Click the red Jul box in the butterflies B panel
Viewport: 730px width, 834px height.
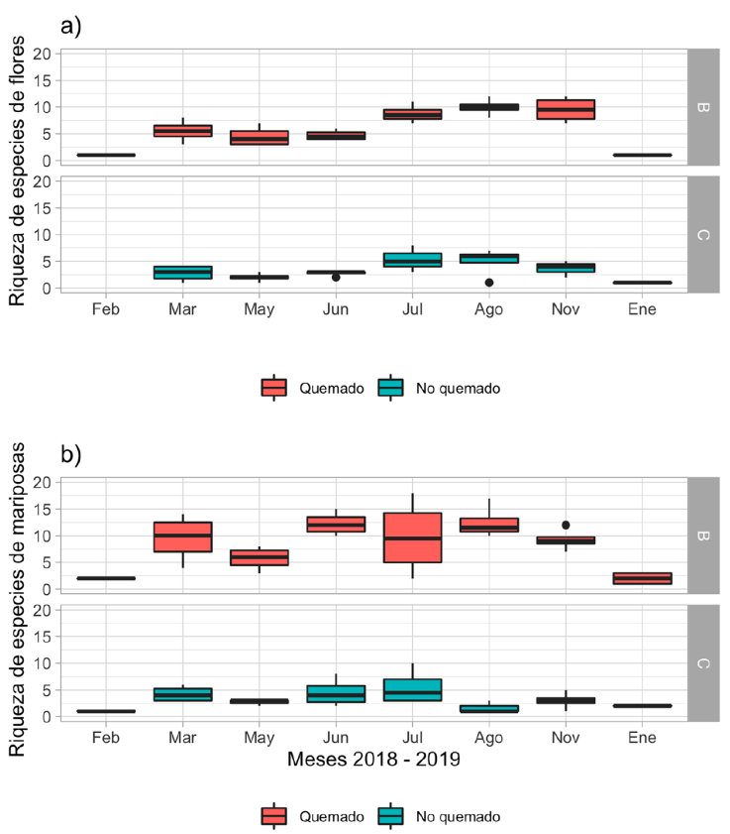point(412,537)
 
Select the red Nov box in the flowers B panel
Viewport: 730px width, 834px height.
point(566,109)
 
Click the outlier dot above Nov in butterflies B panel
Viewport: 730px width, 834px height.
point(566,525)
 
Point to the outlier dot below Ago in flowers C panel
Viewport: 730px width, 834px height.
point(489,283)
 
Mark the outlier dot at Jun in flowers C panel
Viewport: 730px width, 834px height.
point(336,278)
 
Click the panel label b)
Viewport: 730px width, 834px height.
point(70,457)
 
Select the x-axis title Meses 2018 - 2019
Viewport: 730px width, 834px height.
point(373,761)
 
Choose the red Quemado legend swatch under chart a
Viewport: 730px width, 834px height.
point(274,388)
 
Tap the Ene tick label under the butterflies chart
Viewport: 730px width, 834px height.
point(642,738)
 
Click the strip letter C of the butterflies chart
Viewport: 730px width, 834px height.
point(701,662)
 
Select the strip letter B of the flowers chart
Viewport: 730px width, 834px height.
point(701,106)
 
